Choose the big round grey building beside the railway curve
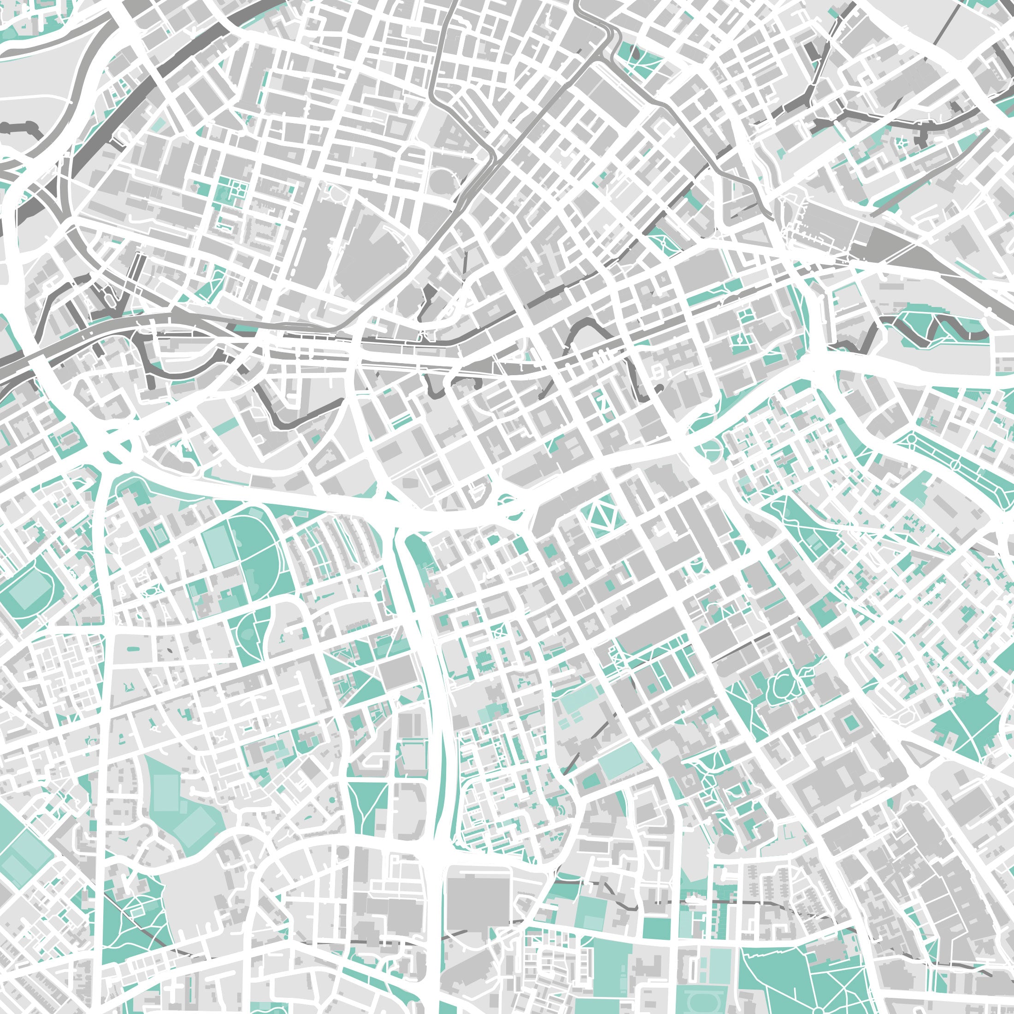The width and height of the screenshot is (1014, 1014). click(442, 181)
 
